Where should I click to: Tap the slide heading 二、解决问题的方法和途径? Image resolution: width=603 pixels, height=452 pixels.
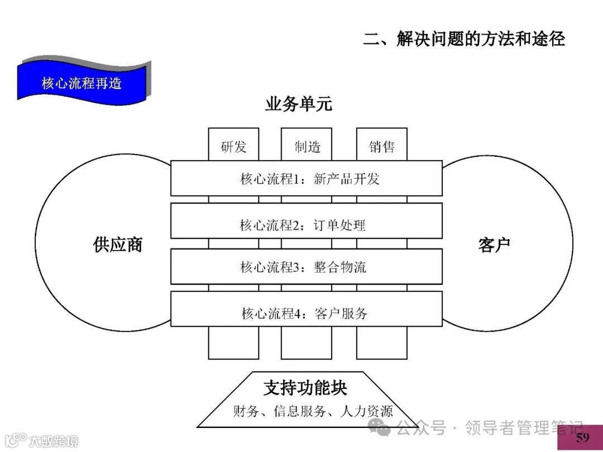[463, 39]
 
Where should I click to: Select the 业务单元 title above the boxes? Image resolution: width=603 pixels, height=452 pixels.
[298, 104]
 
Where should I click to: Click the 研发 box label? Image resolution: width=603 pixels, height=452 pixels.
[233, 147]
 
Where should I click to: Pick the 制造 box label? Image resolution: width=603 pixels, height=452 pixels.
[307, 147]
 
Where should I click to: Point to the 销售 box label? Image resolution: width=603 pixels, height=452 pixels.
[382, 147]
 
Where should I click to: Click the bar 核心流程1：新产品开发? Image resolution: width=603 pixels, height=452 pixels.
[306, 179]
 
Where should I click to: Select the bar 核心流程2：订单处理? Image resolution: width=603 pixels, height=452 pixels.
[306, 225]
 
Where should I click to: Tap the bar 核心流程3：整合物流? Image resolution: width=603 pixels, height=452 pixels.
[306, 267]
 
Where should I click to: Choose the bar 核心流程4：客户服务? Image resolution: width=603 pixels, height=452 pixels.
[306, 313]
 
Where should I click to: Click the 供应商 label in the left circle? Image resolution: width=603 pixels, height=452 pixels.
[118, 244]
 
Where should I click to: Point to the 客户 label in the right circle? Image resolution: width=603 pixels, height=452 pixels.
[494, 244]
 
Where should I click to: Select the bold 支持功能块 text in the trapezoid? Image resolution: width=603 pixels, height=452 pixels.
[305, 388]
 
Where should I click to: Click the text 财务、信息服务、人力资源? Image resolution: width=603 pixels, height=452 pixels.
[313, 411]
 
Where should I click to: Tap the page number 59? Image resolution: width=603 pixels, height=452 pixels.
[582, 437]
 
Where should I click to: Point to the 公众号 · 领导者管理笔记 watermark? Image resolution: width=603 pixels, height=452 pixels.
[480, 429]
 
